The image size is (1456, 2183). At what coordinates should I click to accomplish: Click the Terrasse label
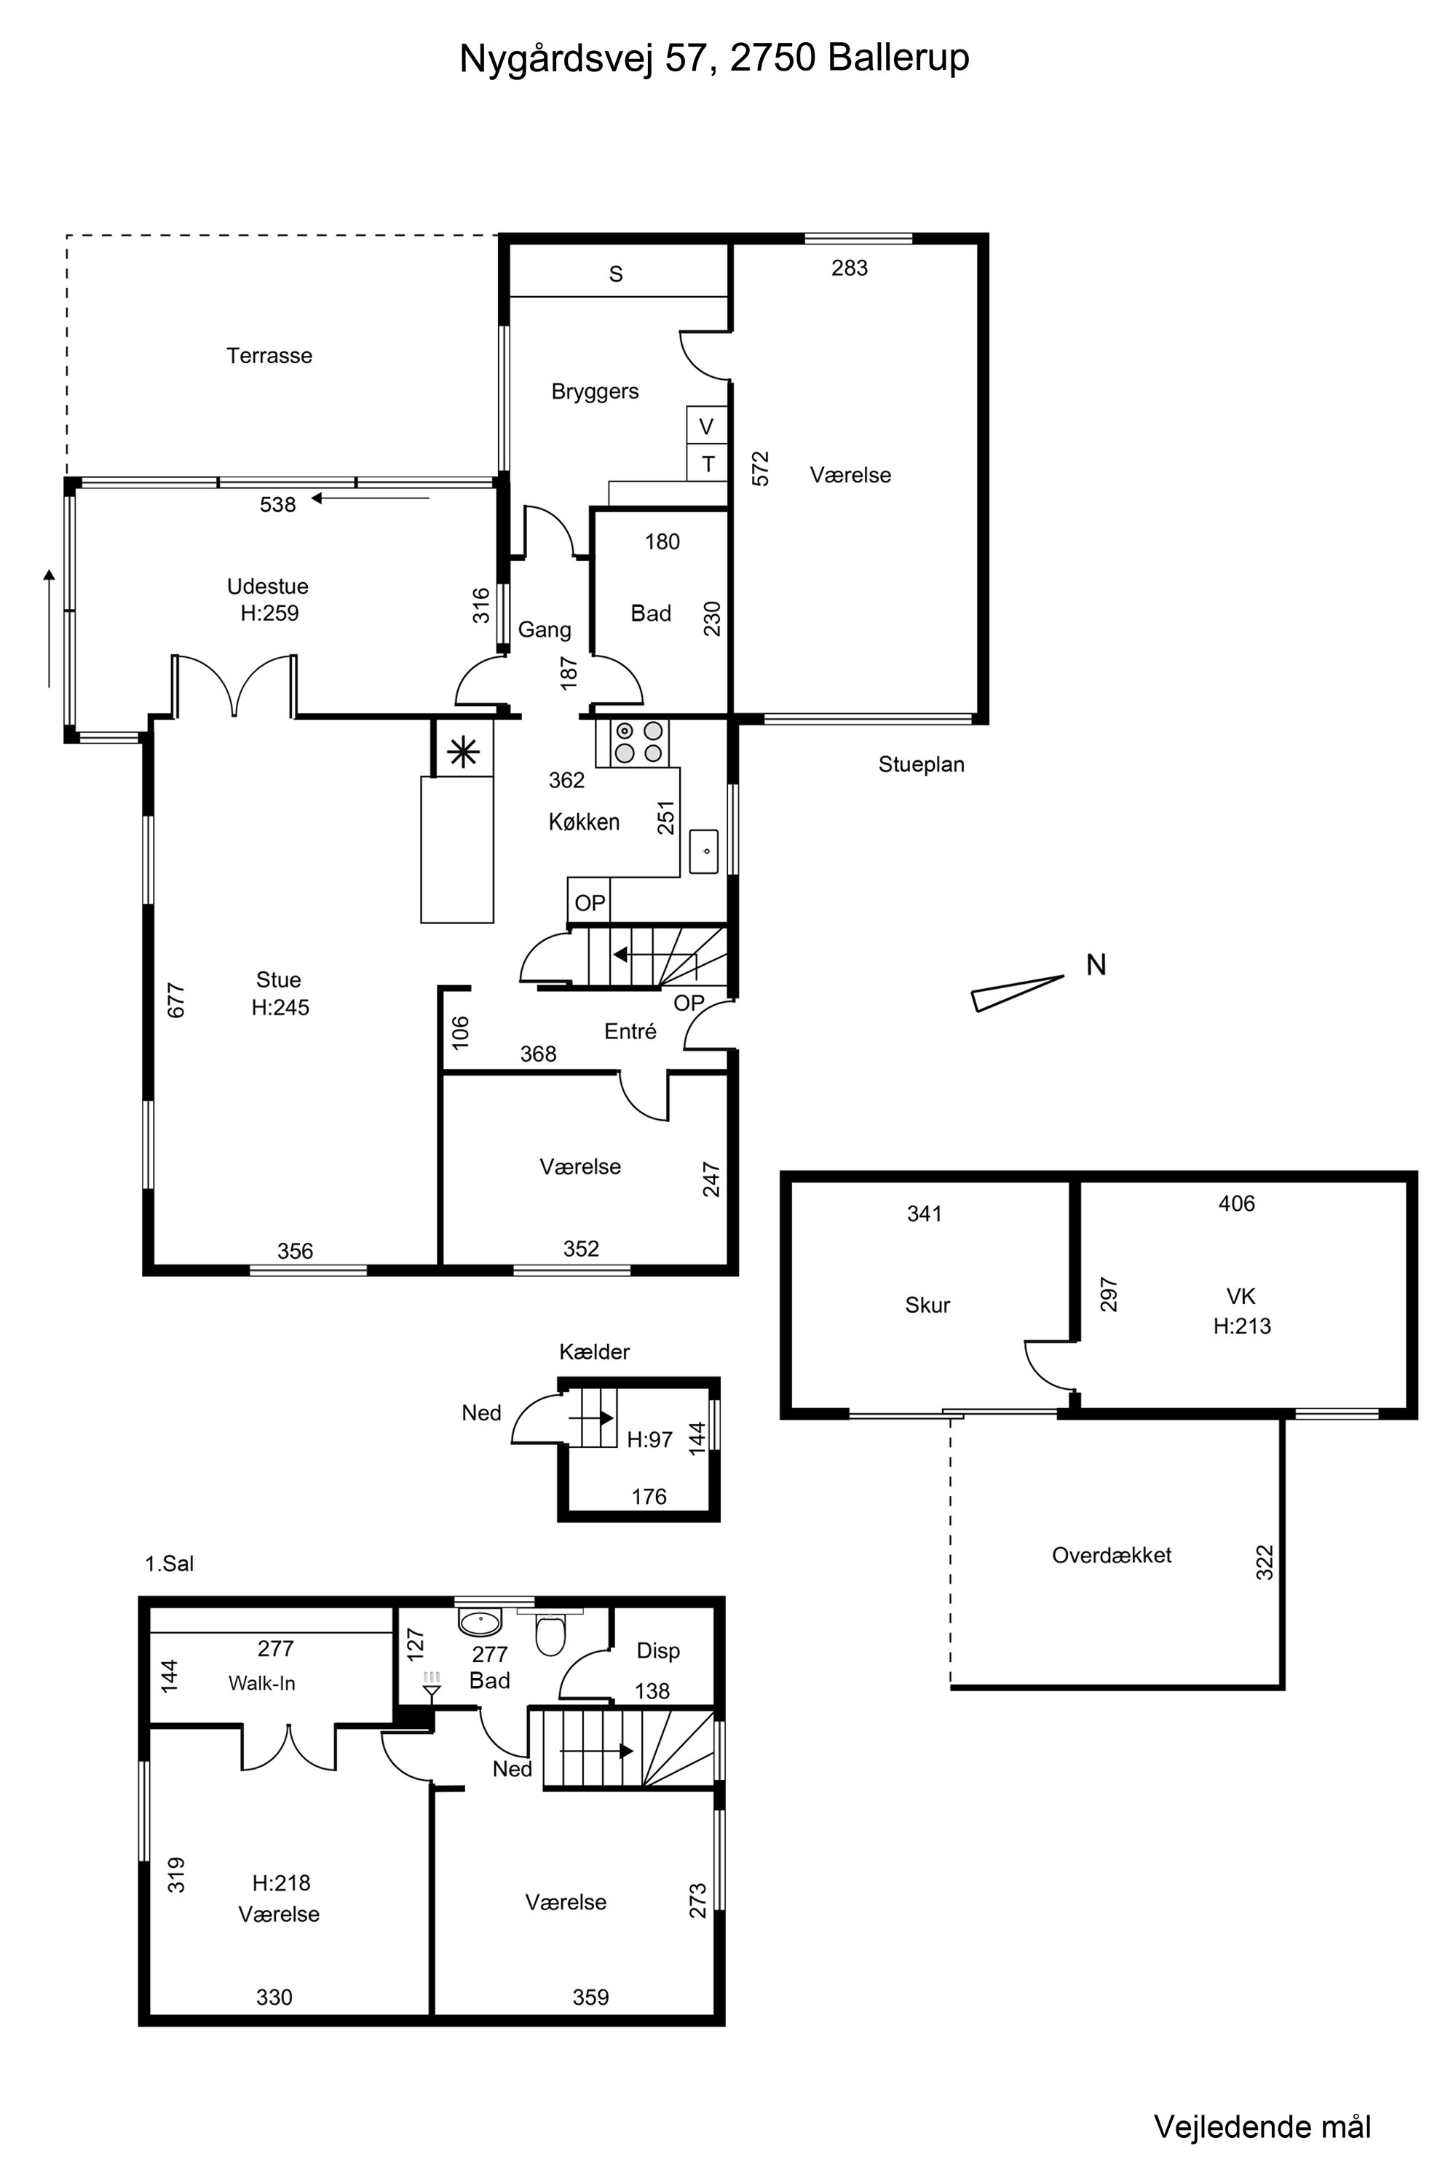pos(269,356)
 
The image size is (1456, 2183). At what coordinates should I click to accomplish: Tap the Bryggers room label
pos(596,391)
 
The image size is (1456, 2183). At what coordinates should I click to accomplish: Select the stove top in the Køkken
pos(639,741)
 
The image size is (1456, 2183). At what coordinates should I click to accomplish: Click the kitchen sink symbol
pos(704,851)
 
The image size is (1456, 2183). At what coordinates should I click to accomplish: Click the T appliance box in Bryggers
pos(708,463)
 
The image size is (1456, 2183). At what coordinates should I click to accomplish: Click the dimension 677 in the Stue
pos(176,1001)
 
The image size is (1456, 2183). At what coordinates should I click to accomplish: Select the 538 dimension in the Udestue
pos(277,505)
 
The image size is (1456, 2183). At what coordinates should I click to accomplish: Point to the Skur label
pos(927,1305)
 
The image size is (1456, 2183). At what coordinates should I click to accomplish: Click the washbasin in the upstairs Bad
pos(480,1621)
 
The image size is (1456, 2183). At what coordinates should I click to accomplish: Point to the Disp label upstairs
pos(658,1650)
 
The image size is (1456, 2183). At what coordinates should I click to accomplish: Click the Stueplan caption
pos(921,765)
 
